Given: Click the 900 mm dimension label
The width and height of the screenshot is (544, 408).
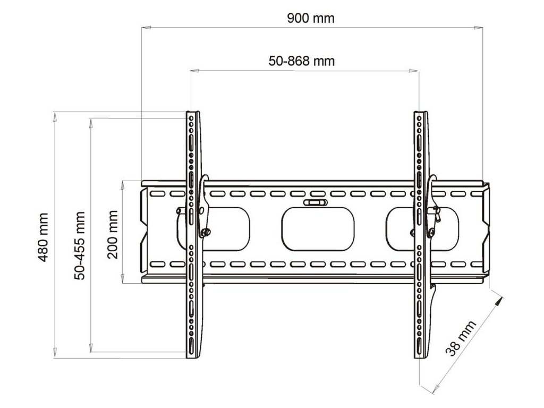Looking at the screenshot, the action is pos(311,18).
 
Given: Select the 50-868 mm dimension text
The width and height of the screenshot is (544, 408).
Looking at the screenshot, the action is pos(302,61).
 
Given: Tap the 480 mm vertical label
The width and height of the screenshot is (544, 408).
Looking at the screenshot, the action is pos(43,237).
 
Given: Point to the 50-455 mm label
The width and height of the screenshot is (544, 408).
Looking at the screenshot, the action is pos(80,245).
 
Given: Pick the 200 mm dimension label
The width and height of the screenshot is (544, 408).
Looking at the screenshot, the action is pos(113,234).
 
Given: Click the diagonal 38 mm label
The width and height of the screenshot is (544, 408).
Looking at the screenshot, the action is pos(461,338).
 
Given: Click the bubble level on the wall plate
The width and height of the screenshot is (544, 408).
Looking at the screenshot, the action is pos(315,202).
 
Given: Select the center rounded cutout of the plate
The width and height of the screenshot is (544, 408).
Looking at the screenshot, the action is pos(318,229).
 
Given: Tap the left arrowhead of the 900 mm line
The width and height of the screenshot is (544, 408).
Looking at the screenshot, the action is pos(146,27).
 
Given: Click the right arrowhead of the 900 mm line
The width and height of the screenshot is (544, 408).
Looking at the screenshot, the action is pos(479,27).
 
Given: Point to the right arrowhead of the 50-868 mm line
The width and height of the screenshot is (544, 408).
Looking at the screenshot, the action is pos(414,71).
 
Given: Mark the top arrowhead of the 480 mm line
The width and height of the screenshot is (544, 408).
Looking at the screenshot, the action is pos(55,116).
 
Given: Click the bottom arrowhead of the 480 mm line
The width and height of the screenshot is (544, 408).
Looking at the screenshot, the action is pos(55,353).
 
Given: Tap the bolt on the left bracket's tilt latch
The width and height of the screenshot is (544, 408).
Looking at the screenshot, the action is pos(205,232).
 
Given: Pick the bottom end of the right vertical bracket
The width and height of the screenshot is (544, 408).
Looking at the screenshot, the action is pos(421,357).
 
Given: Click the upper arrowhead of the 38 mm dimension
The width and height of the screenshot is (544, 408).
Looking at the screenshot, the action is pos(499,301).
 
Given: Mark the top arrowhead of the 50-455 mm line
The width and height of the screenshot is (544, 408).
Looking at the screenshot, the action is pos(91,123).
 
